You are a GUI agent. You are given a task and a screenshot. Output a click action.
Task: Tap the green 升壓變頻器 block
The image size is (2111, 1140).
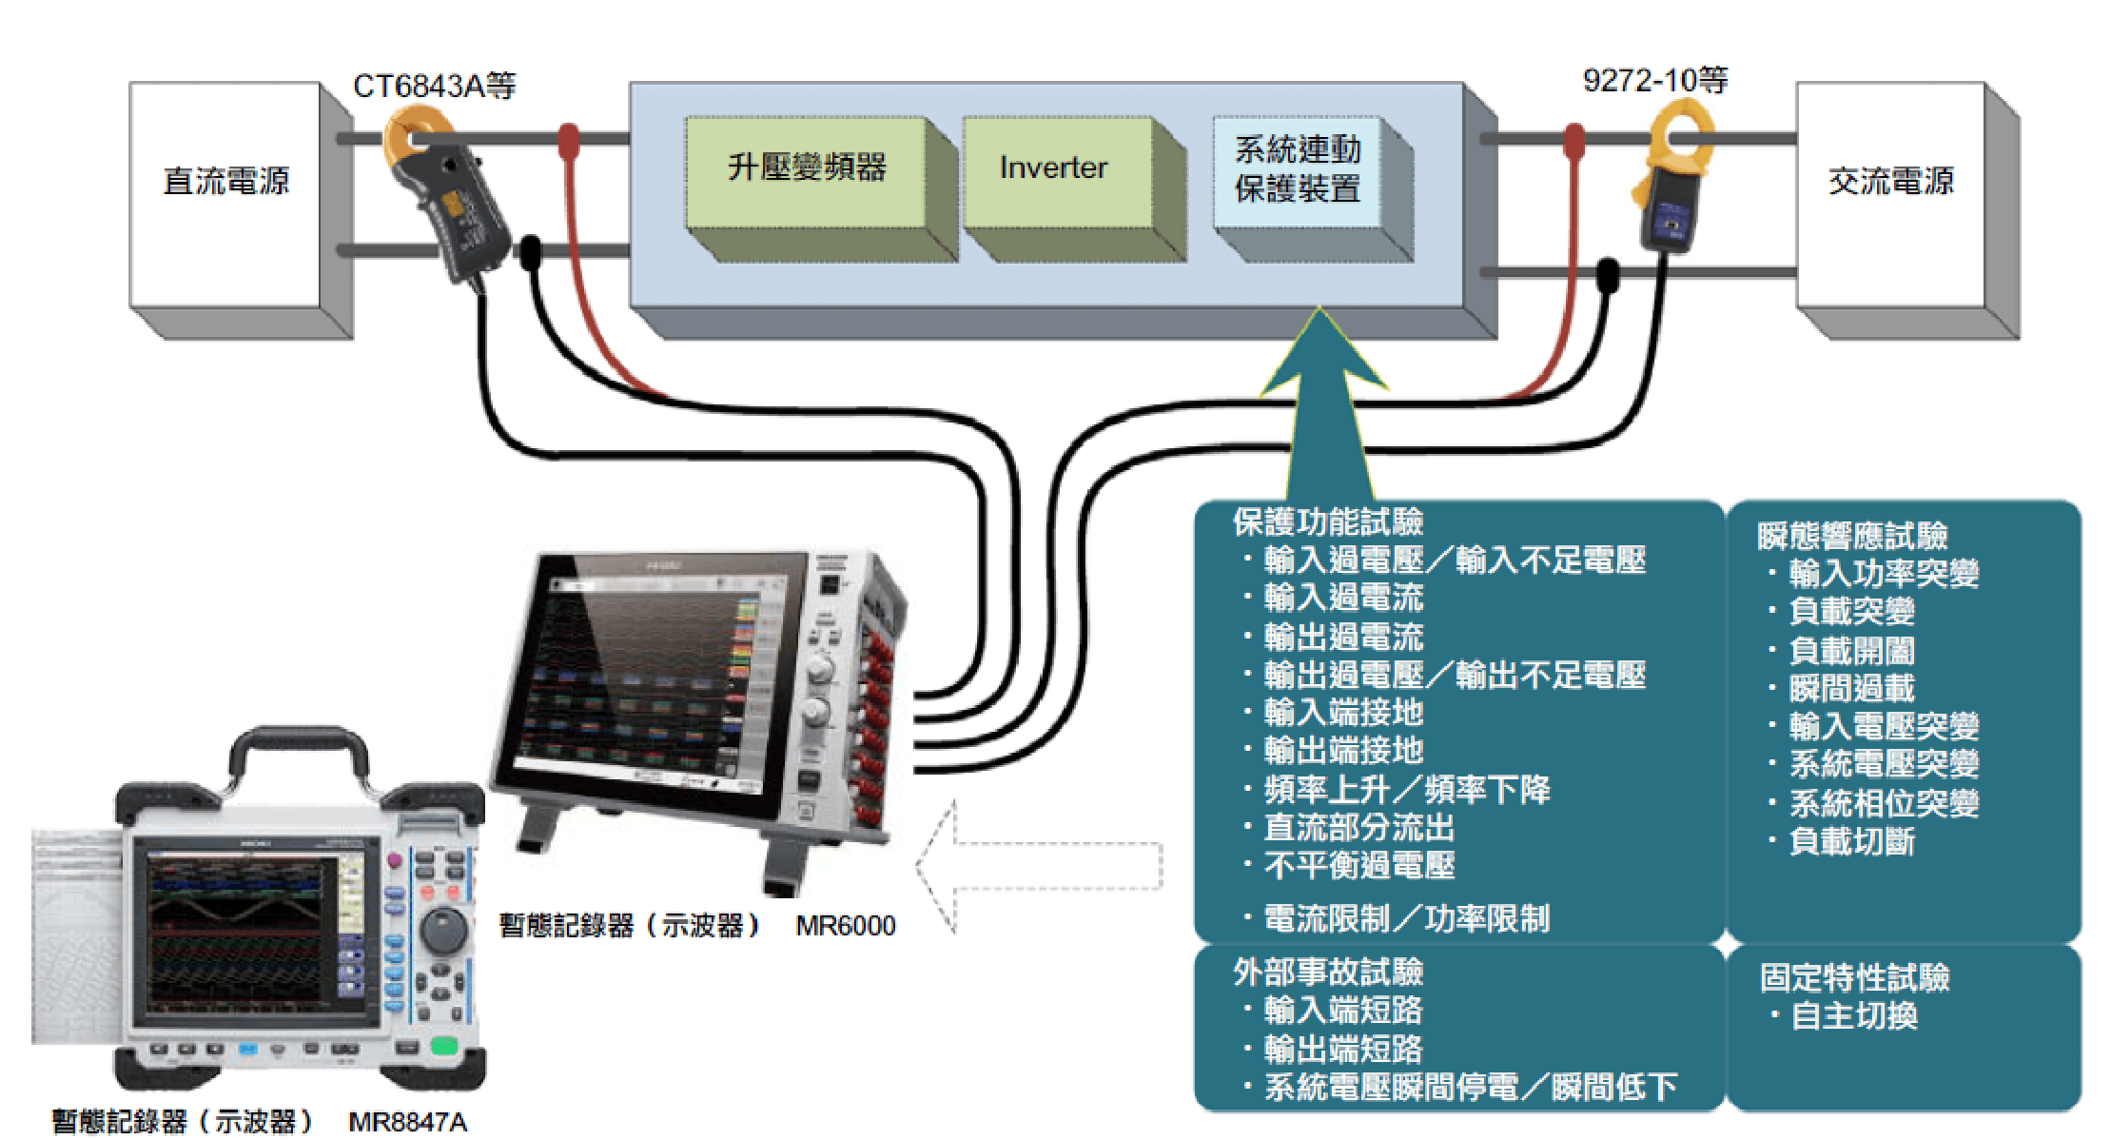tap(806, 169)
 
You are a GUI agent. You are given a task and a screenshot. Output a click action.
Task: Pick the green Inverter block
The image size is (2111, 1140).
tap(1054, 169)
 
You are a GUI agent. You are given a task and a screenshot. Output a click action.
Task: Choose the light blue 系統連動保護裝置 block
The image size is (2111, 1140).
tap(1297, 170)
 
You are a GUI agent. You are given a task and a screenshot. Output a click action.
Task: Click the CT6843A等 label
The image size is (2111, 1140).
tap(434, 87)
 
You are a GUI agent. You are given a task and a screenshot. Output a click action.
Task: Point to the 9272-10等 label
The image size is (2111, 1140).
tap(1654, 81)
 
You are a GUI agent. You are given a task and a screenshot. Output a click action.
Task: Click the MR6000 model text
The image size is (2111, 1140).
tap(845, 926)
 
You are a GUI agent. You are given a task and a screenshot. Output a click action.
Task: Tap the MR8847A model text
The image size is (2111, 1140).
tap(407, 1123)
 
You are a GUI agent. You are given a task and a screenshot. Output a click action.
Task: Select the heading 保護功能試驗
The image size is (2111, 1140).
tap(1327, 522)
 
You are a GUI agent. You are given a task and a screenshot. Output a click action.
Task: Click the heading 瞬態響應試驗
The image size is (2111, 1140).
tap(1851, 537)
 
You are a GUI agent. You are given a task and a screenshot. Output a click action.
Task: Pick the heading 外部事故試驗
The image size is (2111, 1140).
tap(1327, 973)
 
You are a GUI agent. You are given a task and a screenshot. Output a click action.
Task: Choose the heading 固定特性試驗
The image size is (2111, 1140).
tap(1853, 978)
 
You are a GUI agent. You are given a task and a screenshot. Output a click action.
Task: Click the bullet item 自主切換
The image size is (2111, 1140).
tap(1853, 1016)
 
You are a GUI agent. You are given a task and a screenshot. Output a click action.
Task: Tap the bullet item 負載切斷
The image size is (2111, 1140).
tap(1851, 842)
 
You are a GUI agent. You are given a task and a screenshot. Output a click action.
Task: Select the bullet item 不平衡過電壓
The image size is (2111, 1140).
tap(1358, 866)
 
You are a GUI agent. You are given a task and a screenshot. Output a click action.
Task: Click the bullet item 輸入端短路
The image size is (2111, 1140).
tap(1342, 1011)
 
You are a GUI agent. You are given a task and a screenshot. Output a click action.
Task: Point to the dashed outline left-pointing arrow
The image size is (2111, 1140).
tap(1037, 867)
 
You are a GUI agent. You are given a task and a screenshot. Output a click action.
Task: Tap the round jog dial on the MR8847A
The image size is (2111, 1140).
tap(442, 927)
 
